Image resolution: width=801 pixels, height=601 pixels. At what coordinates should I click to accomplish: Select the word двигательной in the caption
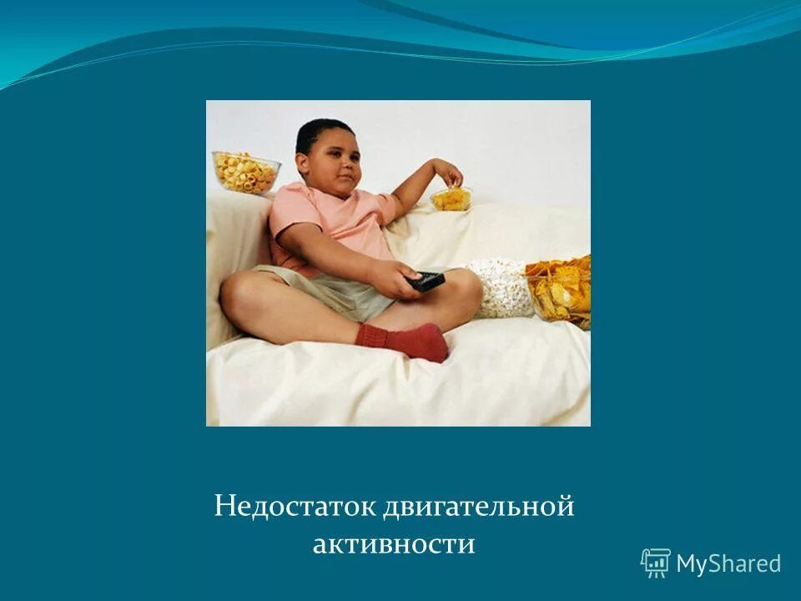(480, 507)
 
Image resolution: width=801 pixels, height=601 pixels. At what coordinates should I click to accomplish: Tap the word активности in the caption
(394, 544)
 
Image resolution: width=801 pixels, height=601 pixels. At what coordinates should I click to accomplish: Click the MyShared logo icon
(655, 563)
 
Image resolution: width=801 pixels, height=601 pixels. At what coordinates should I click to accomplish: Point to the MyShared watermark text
(728, 564)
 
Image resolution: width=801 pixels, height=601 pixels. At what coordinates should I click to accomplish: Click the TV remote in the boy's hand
(426, 280)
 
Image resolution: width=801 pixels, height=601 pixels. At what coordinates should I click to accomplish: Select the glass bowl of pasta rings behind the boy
(245, 171)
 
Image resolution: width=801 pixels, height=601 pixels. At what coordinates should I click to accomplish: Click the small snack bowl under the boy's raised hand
(451, 199)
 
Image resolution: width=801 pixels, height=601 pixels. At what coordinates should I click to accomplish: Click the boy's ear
(306, 163)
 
